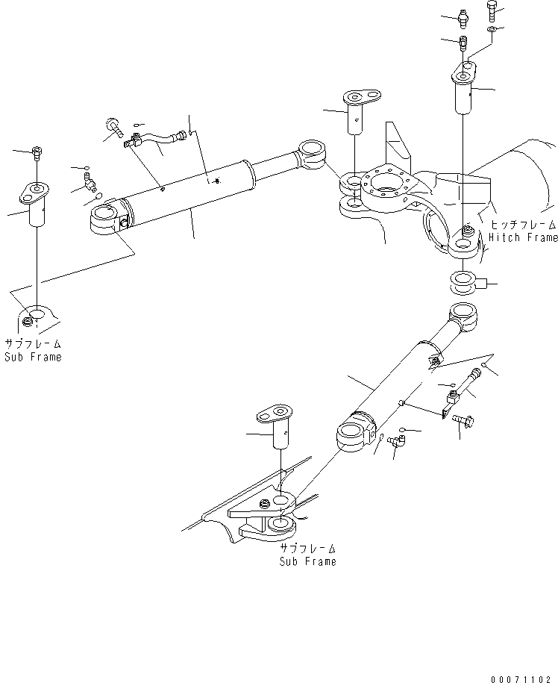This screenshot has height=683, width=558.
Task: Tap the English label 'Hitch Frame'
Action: point(523,237)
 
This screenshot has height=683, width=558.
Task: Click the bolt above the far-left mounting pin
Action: point(37,155)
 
